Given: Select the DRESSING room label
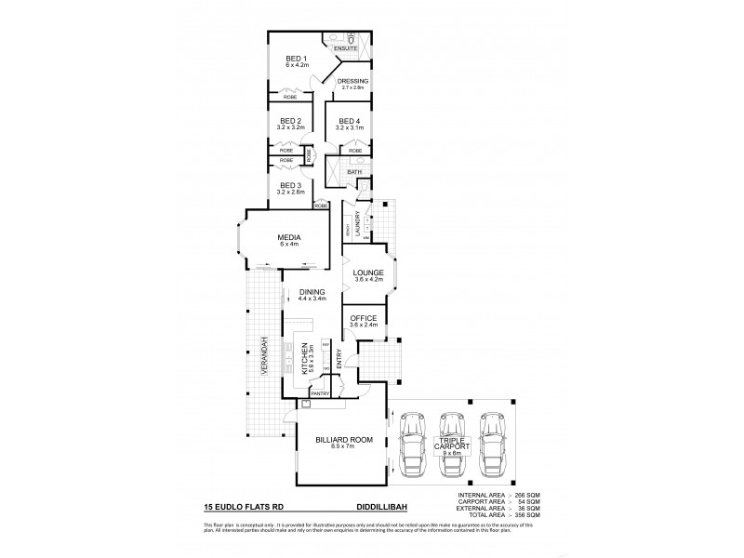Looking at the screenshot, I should (352, 82).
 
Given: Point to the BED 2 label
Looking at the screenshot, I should (290, 122).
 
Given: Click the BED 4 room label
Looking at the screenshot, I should (349, 122).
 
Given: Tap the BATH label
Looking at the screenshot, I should (354, 172).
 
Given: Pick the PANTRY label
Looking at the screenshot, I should (320, 393).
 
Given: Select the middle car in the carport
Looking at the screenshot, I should (451, 444).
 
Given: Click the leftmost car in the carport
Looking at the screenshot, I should (410, 444).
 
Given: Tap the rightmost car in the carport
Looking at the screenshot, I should (492, 444).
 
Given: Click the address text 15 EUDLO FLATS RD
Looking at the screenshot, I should (247, 508).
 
